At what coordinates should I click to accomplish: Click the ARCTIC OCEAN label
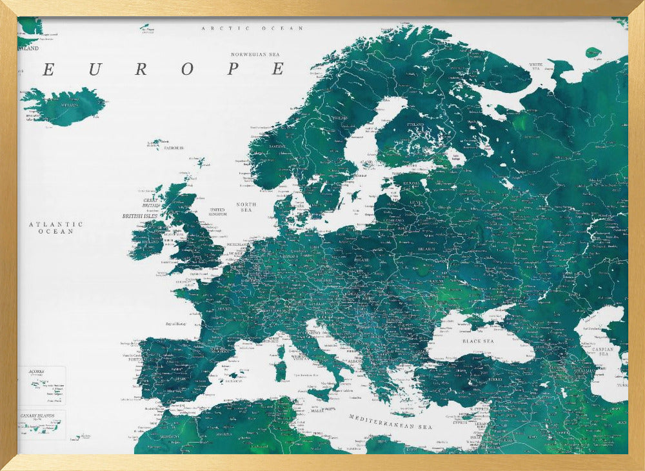pyautogui.click(x=252, y=28)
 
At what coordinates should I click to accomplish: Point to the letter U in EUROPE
pyautogui.click(x=94, y=70)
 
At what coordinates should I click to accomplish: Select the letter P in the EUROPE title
pyautogui.click(x=233, y=70)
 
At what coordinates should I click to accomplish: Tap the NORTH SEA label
pyautogui.click(x=246, y=207)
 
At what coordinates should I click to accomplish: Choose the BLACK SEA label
pyautogui.click(x=477, y=341)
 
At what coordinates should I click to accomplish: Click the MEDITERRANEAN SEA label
pyautogui.click(x=390, y=422)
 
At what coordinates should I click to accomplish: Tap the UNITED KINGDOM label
pyautogui.click(x=217, y=212)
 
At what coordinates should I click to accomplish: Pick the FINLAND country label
pyautogui.click(x=415, y=124)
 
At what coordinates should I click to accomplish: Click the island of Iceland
pyautogui.click(x=64, y=106)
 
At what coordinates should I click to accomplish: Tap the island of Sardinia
pyautogui.click(x=281, y=370)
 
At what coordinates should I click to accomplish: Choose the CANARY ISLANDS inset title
pyautogui.click(x=41, y=416)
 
